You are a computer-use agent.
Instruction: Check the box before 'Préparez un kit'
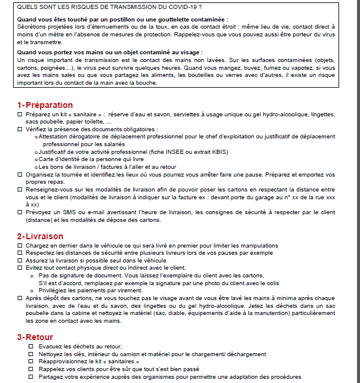tap(20, 113)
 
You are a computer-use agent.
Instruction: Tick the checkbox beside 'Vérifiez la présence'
tap(20, 129)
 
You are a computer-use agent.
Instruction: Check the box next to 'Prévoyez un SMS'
tap(20, 211)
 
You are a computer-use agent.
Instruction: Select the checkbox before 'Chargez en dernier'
tap(20, 245)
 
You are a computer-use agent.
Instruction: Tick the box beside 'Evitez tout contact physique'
tap(20, 268)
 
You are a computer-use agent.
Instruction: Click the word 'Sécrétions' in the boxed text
tap(34, 27)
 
